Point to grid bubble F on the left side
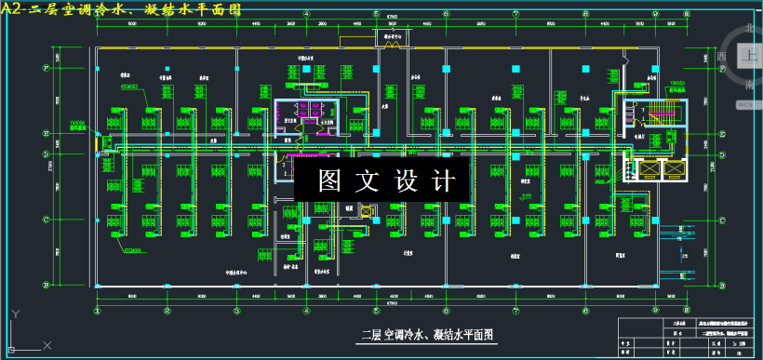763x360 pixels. click(46, 67)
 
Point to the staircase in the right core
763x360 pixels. click(661, 118)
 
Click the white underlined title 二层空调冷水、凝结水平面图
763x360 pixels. click(425, 334)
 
